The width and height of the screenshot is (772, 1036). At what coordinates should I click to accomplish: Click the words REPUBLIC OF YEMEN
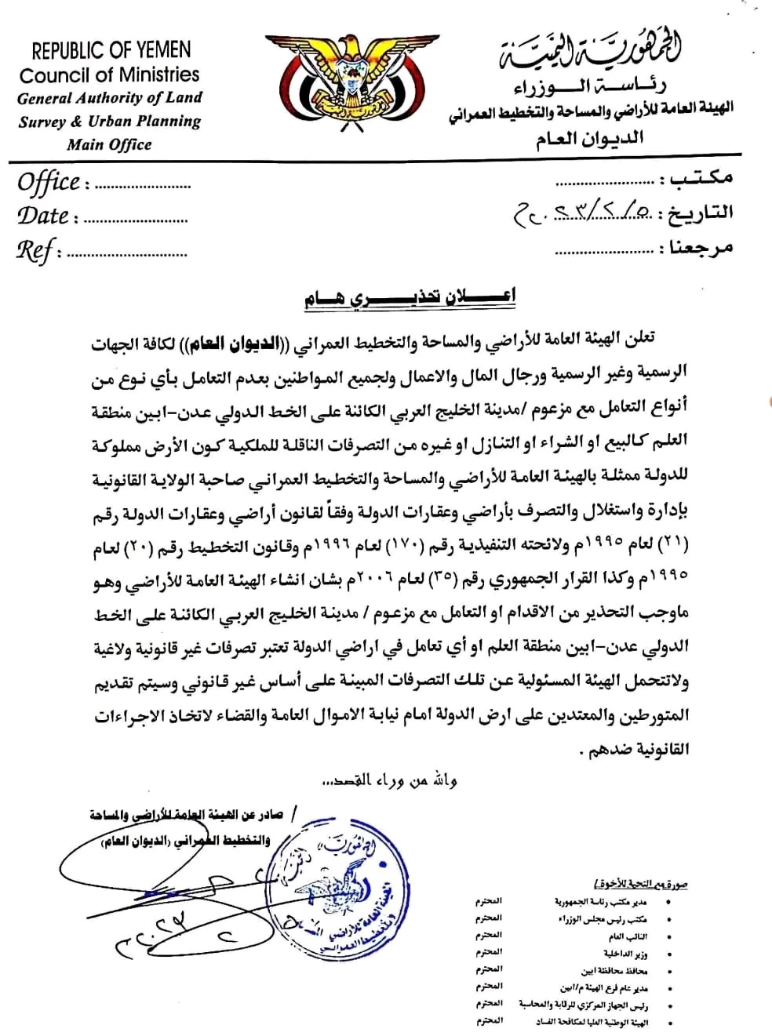pos(111,51)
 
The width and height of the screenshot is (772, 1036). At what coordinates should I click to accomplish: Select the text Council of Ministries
pos(110,75)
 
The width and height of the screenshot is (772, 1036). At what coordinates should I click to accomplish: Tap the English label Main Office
pos(109,144)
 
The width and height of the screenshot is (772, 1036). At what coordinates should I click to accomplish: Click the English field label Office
pos(49,184)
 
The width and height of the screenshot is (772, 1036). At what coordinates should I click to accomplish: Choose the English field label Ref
pos(35,250)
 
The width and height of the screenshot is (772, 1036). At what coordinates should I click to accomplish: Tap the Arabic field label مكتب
pos(697,178)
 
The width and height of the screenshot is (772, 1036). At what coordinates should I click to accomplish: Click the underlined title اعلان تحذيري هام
pos(410,298)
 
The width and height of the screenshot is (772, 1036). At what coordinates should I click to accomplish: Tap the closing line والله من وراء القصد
pos(390,780)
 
